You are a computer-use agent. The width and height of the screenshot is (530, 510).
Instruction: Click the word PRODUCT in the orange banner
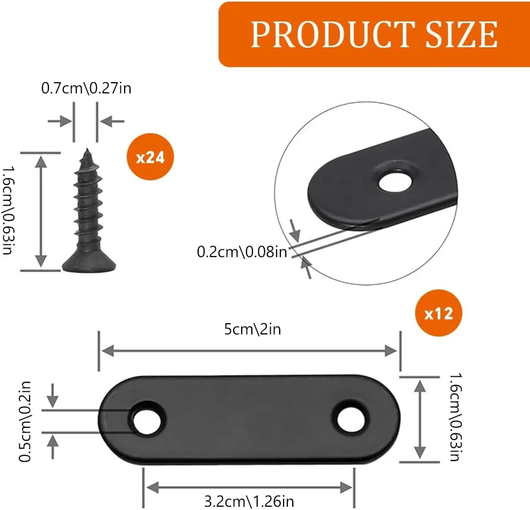pos(333,34)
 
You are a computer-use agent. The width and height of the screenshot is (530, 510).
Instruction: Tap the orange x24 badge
pos(150,157)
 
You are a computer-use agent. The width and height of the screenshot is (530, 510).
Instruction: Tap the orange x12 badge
pos(438,313)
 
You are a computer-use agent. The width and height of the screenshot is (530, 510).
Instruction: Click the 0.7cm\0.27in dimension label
pos(86,88)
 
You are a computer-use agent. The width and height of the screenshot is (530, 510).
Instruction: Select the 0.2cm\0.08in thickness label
pos(242,252)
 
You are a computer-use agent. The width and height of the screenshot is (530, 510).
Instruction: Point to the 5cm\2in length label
pos(252,329)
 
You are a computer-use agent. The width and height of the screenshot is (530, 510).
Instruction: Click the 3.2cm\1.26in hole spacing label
pos(249,501)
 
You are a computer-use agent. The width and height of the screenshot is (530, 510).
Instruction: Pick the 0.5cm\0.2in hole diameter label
pos(25,421)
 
